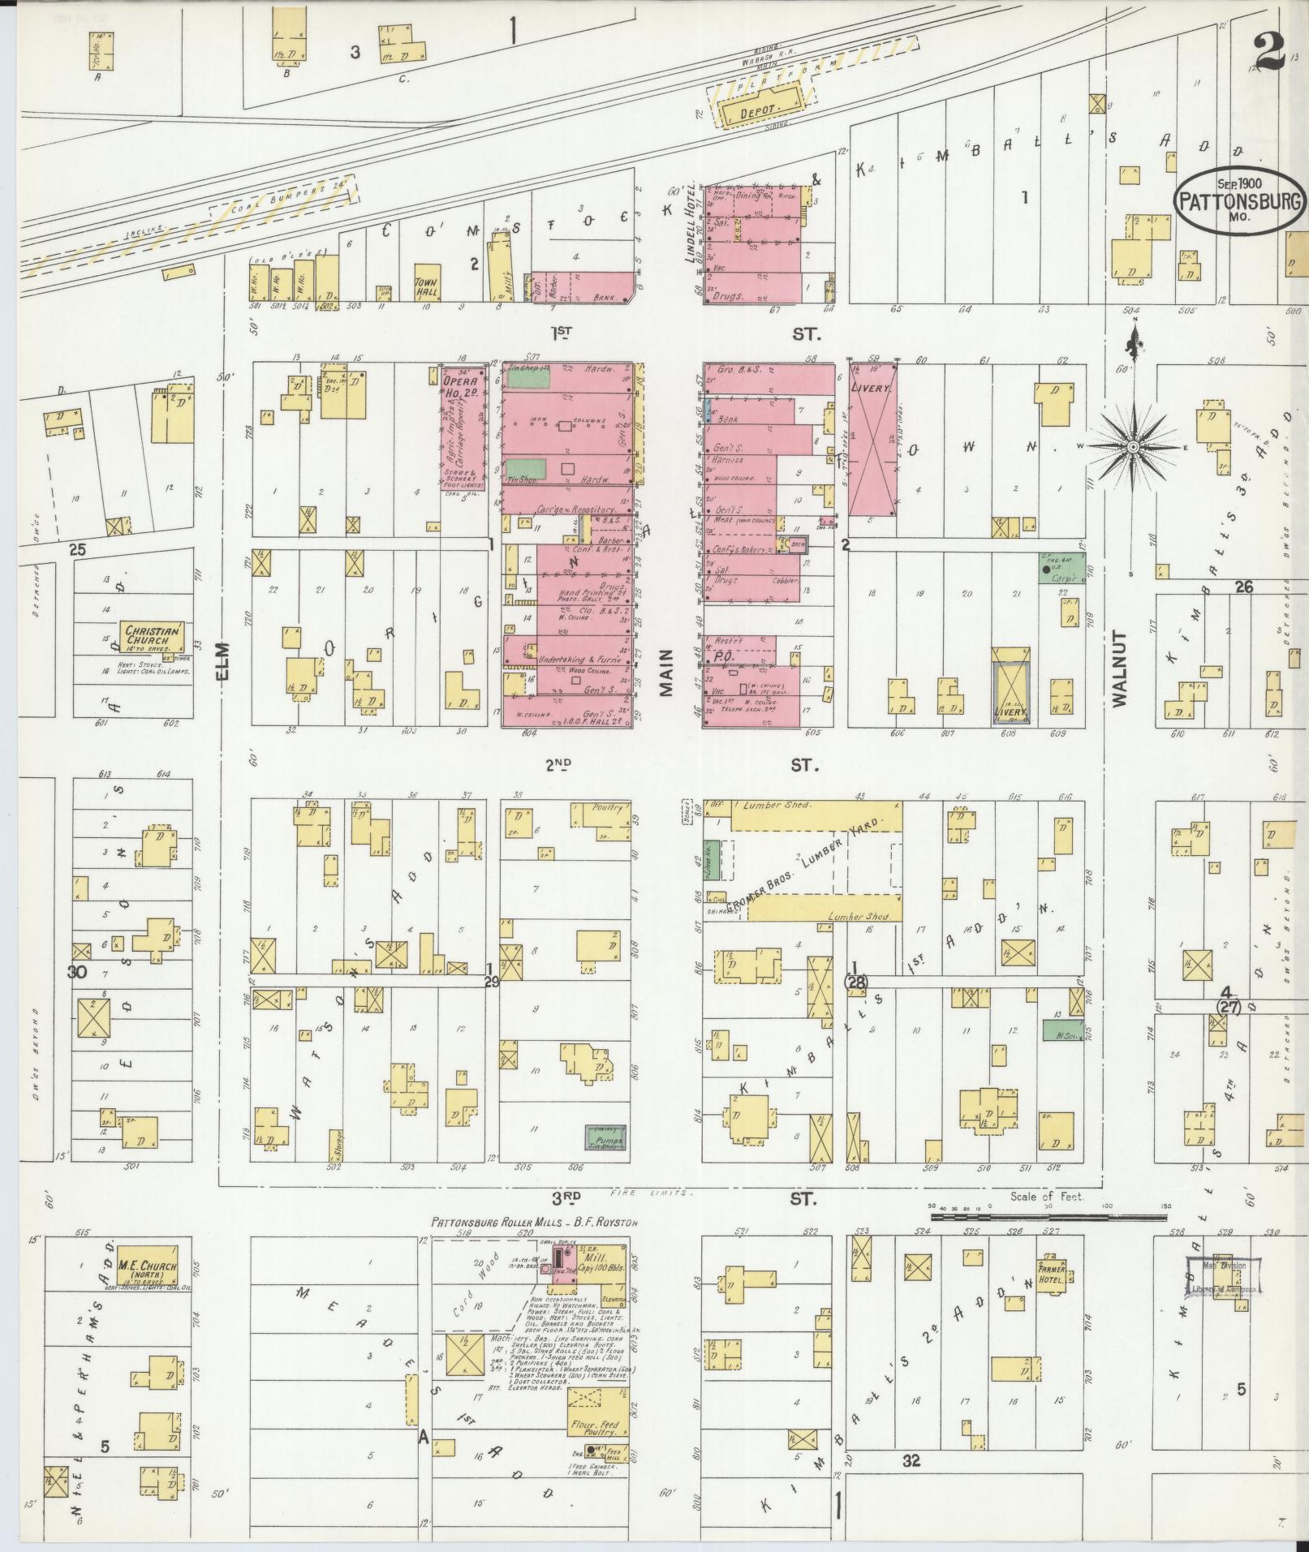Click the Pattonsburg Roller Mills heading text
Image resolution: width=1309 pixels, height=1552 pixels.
[536, 1222]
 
